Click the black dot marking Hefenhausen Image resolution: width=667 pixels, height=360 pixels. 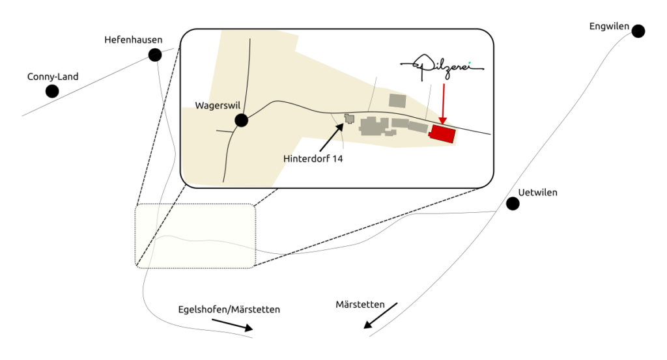coord(155,55)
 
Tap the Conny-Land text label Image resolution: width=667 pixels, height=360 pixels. coord(53,77)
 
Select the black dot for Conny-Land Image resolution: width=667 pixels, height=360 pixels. coord(52,91)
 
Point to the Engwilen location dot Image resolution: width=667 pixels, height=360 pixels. coord(638,31)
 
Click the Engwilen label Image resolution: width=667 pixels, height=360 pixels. coord(609,27)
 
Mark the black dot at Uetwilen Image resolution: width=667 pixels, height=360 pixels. coord(513,204)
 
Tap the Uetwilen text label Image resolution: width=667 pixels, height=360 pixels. coord(538,193)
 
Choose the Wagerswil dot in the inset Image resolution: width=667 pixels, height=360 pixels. coord(242,120)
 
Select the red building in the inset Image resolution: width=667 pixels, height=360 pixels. coord(442,133)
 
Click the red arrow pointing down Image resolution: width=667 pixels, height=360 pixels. coord(443,102)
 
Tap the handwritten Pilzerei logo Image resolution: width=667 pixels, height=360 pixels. coord(442,66)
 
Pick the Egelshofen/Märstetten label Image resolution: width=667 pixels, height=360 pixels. coord(229,310)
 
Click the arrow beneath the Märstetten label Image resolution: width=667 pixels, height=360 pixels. coord(380,316)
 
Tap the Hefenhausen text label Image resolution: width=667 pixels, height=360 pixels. coord(134,40)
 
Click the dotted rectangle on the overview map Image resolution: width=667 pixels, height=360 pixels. coord(195,236)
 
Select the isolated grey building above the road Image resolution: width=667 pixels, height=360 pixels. coord(397,100)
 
